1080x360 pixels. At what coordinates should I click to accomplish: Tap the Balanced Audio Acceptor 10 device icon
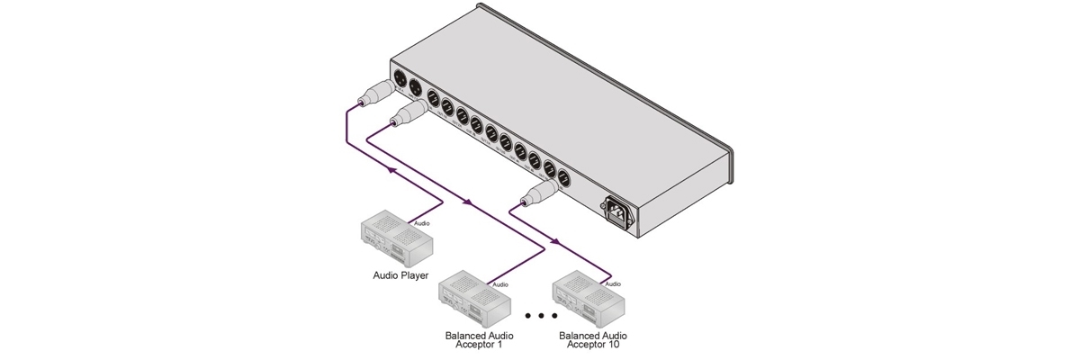(588, 297)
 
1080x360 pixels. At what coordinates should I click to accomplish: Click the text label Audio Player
(400, 275)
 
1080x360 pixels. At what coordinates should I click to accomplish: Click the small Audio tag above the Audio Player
(421, 222)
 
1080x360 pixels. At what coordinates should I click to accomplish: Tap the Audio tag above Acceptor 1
(500, 285)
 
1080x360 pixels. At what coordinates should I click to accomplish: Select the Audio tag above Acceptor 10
(613, 284)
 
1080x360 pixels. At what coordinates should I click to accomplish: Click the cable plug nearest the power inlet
(539, 192)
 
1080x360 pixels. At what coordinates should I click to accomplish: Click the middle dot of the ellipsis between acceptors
(541, 316)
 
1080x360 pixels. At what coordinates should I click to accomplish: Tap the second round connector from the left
(416, 88)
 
